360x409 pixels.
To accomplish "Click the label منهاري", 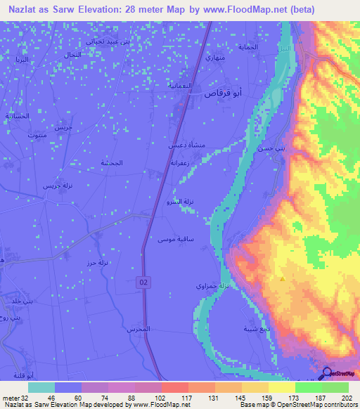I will (x=214, y=58).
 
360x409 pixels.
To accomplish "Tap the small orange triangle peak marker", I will (x=282, y=278).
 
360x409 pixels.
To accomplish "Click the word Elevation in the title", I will (x=92, y=10).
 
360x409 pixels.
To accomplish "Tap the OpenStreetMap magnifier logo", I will (x=326, y=373).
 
